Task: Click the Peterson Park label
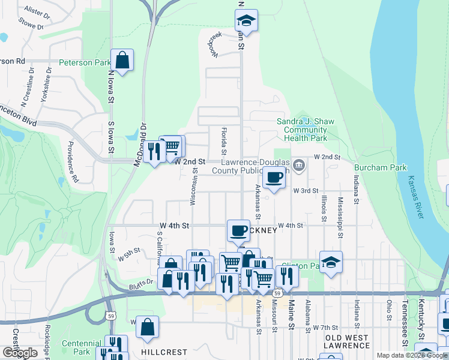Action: (x=85, y=62)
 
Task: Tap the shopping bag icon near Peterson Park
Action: (x=122, y=60)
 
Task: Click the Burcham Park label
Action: (x=381, y=167)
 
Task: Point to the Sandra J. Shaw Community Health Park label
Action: (x=306, y=130)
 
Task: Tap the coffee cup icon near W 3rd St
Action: (x=274, y=178)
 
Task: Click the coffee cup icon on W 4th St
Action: (x=238, y=230)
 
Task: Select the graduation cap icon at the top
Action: (x=246, y=20)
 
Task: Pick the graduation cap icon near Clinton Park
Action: (x=331, y=262)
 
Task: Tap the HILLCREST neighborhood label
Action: (x=164, y=352)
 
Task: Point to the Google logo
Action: (x=20, y=352)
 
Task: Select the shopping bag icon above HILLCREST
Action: (x=147, y=327)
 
